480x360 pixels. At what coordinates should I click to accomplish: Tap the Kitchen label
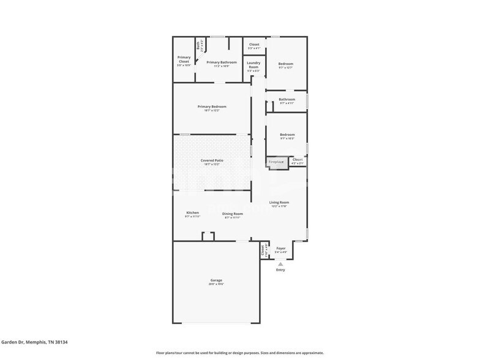click(x=192, y=213)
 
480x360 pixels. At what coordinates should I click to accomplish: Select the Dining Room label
click(x=232, y=214)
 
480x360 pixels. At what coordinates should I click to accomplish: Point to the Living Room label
click(x=279, y=203)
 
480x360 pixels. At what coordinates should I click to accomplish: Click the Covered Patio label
click(x=212, y=160)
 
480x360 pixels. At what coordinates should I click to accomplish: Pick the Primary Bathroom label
click(x=221, y=62)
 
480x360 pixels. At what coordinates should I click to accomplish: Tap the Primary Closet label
click(x=184, y=59)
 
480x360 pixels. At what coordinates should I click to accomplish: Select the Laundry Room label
click(x=253, y=65)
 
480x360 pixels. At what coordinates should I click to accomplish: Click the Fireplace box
click(x=277, y=162)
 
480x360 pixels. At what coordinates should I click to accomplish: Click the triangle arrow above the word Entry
click(x=280, y=264)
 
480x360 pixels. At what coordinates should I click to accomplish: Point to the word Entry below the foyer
click(x=280, y=270)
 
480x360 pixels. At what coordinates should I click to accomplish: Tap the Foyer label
click(x=281, y=249)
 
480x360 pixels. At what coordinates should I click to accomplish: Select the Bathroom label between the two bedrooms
click(x=287, y=100)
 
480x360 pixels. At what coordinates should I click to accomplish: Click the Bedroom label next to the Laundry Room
click(x=286, y=64)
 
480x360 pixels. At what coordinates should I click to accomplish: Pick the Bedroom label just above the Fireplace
click(x=287, y=135)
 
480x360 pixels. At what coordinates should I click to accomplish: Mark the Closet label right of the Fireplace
click(x=297, y=160)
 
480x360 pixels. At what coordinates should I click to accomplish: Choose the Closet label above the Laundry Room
click(x=253, y=45)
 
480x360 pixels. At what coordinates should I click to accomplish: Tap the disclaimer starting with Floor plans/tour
click(x=239, y=353)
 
